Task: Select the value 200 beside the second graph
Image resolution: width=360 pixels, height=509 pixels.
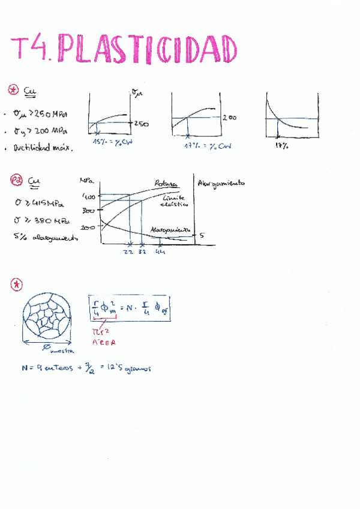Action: [x=230, y=118]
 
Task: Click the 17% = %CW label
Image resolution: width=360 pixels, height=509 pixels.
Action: [x=207, y=146]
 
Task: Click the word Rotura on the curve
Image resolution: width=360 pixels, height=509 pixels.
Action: [x=166, y=183]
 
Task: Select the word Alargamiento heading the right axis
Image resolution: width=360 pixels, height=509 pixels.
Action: [x=221, y=182]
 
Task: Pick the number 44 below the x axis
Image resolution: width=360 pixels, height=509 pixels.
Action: [x=160, y=252]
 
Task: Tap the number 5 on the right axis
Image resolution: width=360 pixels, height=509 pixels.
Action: [x=202, y=235]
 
